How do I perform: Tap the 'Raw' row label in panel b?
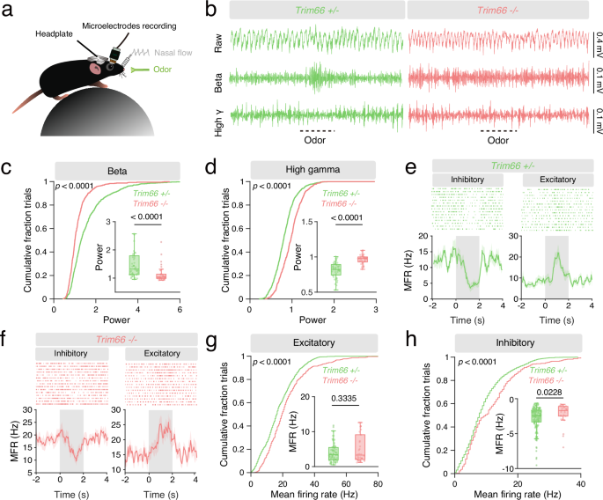pyautogui.click(x=219, y=40)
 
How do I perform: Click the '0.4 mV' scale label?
pyautogui.click(x=597, y=40)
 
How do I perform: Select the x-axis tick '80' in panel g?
pyautogui.click(x=377, y=483)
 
